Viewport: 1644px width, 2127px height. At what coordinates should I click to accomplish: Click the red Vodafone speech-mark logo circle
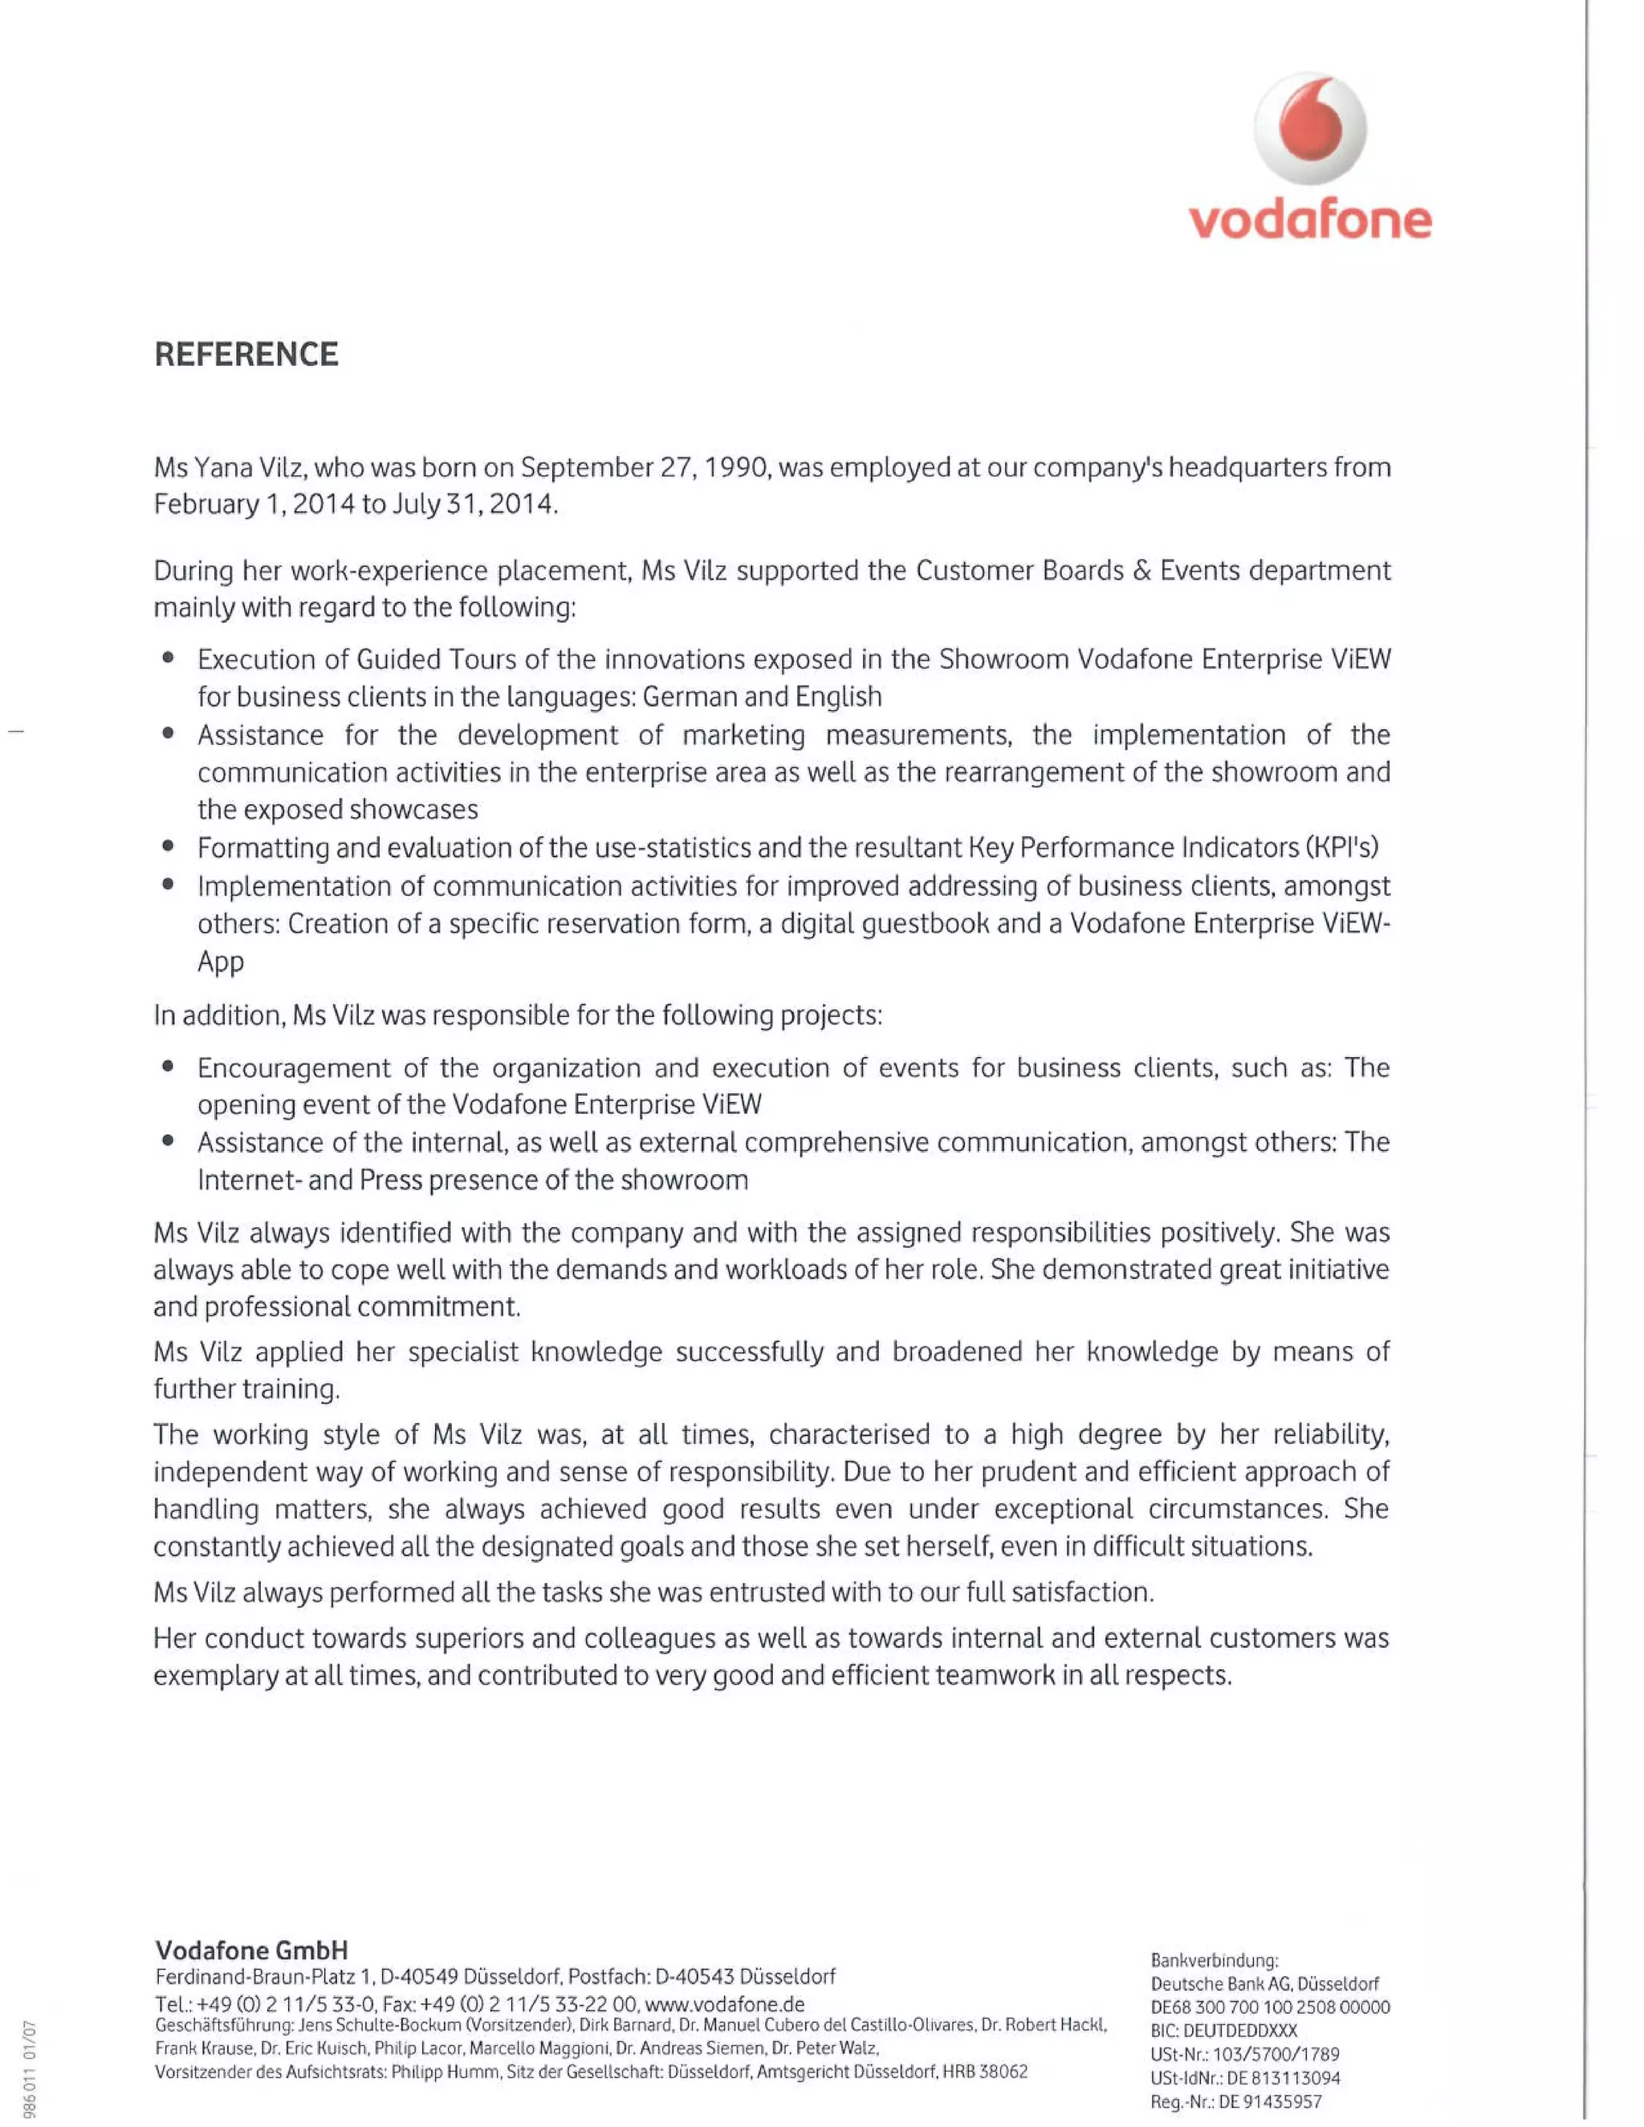pyautogui.click(x=1310, y=128)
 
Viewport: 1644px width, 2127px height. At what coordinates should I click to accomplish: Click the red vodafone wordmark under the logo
pyautogui.click(x=1310, y=221)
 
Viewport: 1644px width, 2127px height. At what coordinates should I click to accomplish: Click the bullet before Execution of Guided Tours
pyautogui.click(x=169, y=659)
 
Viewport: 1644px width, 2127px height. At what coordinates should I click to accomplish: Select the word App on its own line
pyautogui.click(x=220, y=962)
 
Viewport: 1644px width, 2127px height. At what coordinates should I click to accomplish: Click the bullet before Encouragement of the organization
pyautogui.click(x=169, y=1068)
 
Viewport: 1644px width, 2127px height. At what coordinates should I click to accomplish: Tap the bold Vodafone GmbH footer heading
pyautogui.click(x=251, y=1950)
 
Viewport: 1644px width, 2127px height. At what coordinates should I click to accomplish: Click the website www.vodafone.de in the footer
pyautogui.click(x=725, y=2003)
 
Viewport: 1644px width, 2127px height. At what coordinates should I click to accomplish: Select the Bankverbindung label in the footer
pyautogui.click(x=1214, y=1959)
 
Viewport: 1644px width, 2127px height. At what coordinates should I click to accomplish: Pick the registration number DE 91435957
pyautogui.click(x=1266, y=2101)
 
